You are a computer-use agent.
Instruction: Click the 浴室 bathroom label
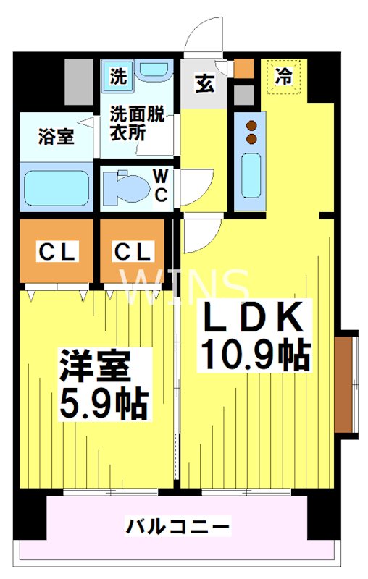57,137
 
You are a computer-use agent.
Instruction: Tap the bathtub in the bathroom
57,187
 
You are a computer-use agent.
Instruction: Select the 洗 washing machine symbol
118,77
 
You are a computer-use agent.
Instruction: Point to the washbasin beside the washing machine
154,69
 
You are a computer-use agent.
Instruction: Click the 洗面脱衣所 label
137,124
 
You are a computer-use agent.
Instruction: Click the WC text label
161,187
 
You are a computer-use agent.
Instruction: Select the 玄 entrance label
204,84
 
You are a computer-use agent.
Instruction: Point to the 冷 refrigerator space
283,77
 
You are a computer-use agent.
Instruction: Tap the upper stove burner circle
251,125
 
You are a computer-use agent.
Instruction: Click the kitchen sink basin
251,176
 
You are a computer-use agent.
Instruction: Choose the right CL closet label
133,252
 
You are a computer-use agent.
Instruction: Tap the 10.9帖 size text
255,354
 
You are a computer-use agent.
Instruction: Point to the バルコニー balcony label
177,526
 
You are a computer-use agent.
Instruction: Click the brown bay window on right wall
343,384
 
